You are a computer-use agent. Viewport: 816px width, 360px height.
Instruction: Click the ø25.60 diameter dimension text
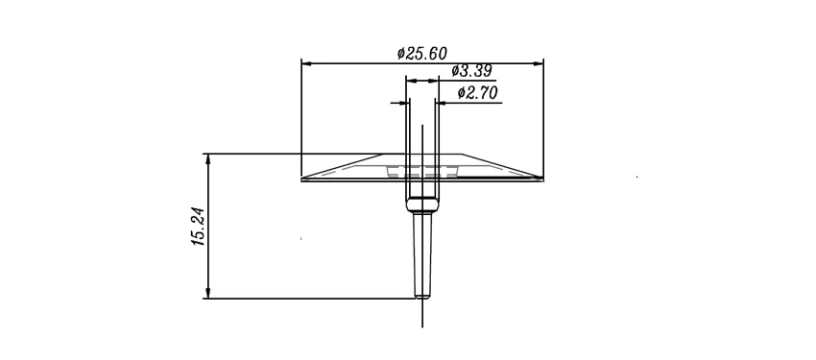[421, 53]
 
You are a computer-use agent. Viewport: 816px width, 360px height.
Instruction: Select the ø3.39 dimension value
[471, 70]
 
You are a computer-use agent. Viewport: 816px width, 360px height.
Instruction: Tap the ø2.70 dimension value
[478, 93]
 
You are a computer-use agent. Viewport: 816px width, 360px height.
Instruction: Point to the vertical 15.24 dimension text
[199, 227]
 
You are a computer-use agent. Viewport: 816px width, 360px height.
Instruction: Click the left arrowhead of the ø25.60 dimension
[307, 63]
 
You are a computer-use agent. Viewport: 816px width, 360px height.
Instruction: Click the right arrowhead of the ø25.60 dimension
[539, 63]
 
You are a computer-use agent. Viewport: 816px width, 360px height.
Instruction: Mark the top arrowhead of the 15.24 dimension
[208, 159]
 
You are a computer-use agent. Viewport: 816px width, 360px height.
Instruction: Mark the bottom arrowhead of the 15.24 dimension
[208, 293]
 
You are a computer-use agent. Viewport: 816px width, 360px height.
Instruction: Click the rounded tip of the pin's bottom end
[422, 296]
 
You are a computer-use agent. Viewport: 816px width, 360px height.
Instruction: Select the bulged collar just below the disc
[422, 204]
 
